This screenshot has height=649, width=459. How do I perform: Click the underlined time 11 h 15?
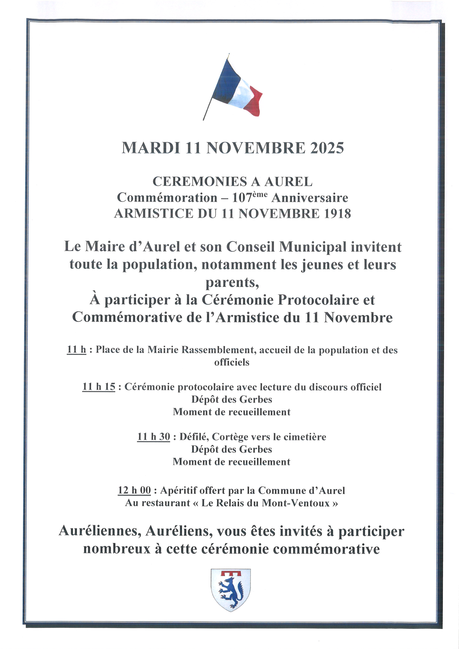point(99,387)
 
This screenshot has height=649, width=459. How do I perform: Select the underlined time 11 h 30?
point(153,437)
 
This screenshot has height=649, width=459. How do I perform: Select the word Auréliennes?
point(100,531)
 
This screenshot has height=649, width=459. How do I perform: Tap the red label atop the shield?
point(231,574)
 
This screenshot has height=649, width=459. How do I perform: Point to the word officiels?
point(232,362)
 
